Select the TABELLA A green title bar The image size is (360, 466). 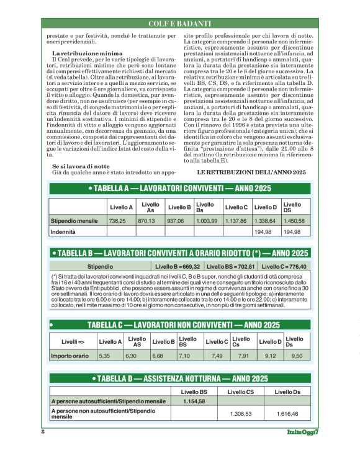[x=179, y=187]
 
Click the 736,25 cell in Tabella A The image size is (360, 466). [x=117, y=220]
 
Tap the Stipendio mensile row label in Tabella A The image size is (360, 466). [x=74, y=220]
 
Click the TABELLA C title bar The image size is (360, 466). [x=179, y=325]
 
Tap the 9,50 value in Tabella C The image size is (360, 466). [x=297, y=356]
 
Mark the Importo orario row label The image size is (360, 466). [x=70, y=356]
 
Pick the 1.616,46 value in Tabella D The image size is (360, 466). [x=287, y=414]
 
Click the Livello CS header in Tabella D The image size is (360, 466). [x=241, y=392]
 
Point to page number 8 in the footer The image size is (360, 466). [x=43, y=432]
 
